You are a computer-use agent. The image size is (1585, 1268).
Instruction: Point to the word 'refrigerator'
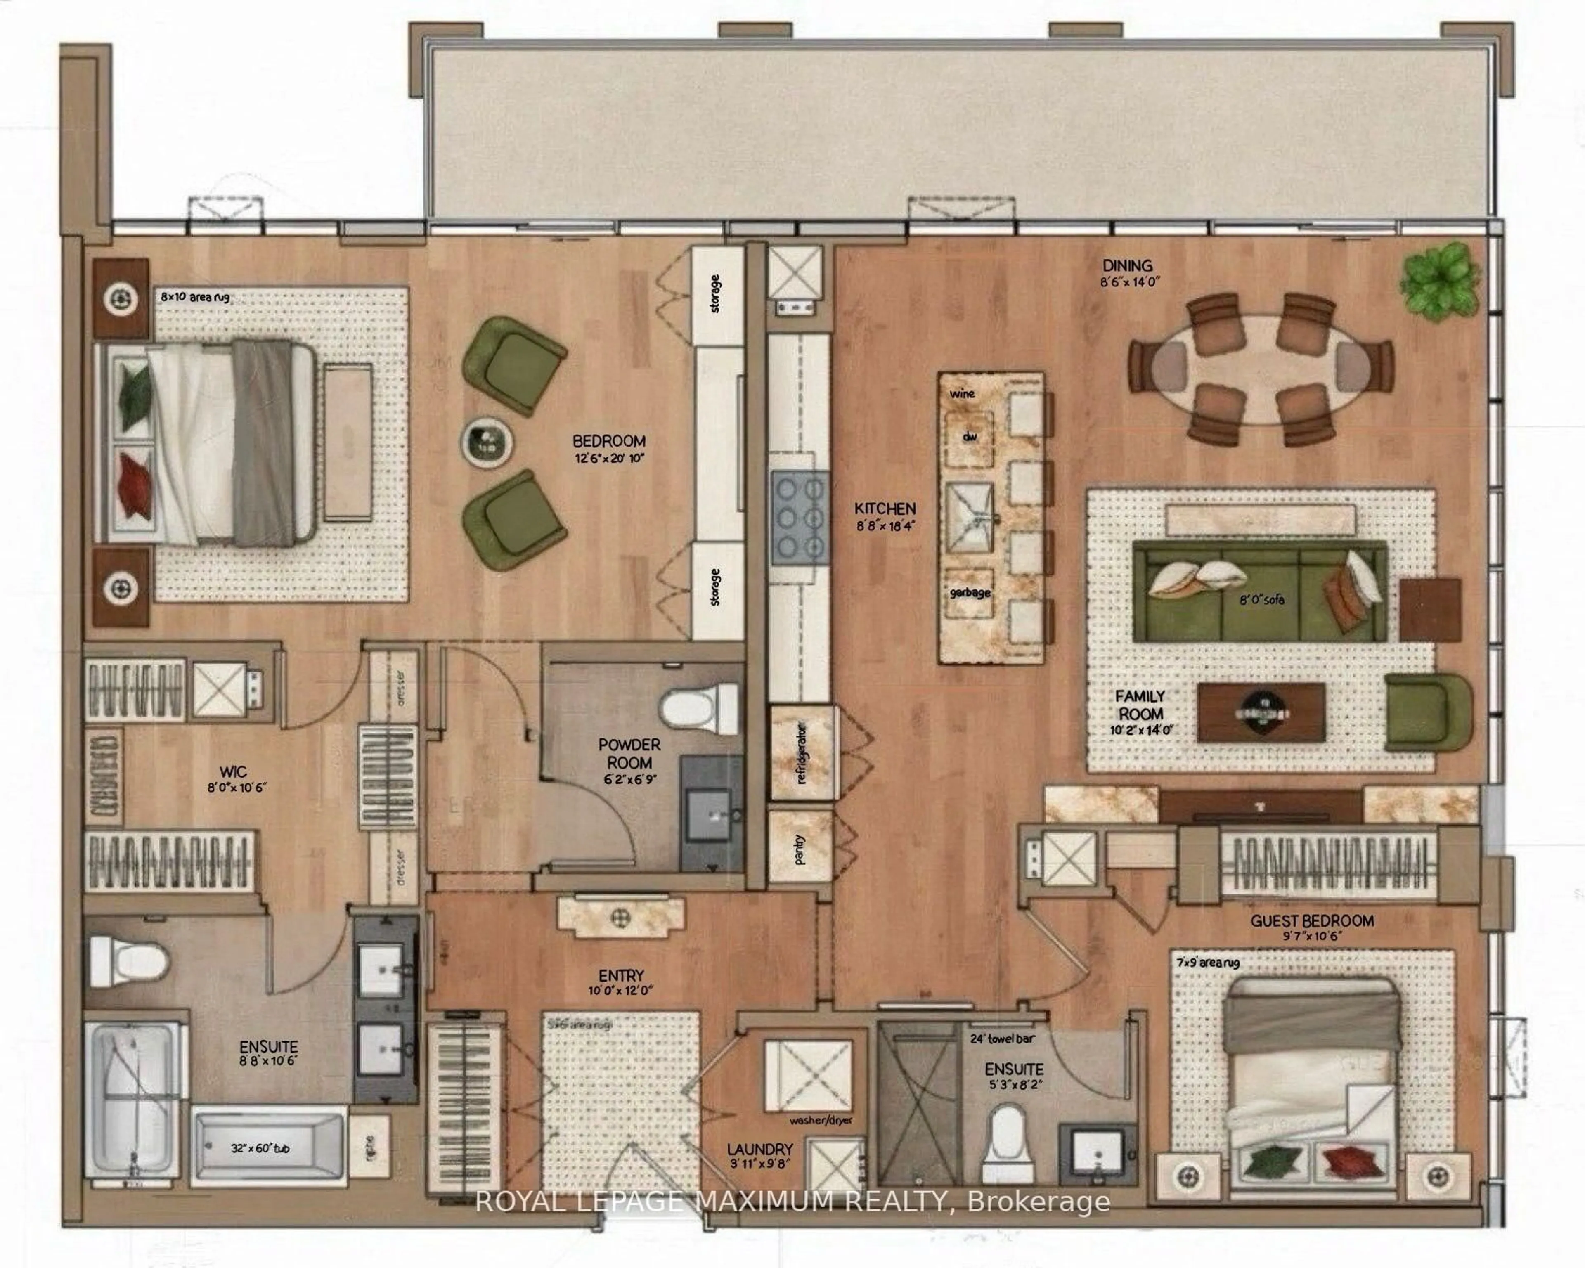(x=801, y=753)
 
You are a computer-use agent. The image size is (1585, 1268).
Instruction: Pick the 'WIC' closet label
(x=233, y=772)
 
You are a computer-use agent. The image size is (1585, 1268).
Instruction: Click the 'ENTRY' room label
(x=621, y=975)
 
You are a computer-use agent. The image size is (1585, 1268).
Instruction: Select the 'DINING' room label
(x=1127, y=265)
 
